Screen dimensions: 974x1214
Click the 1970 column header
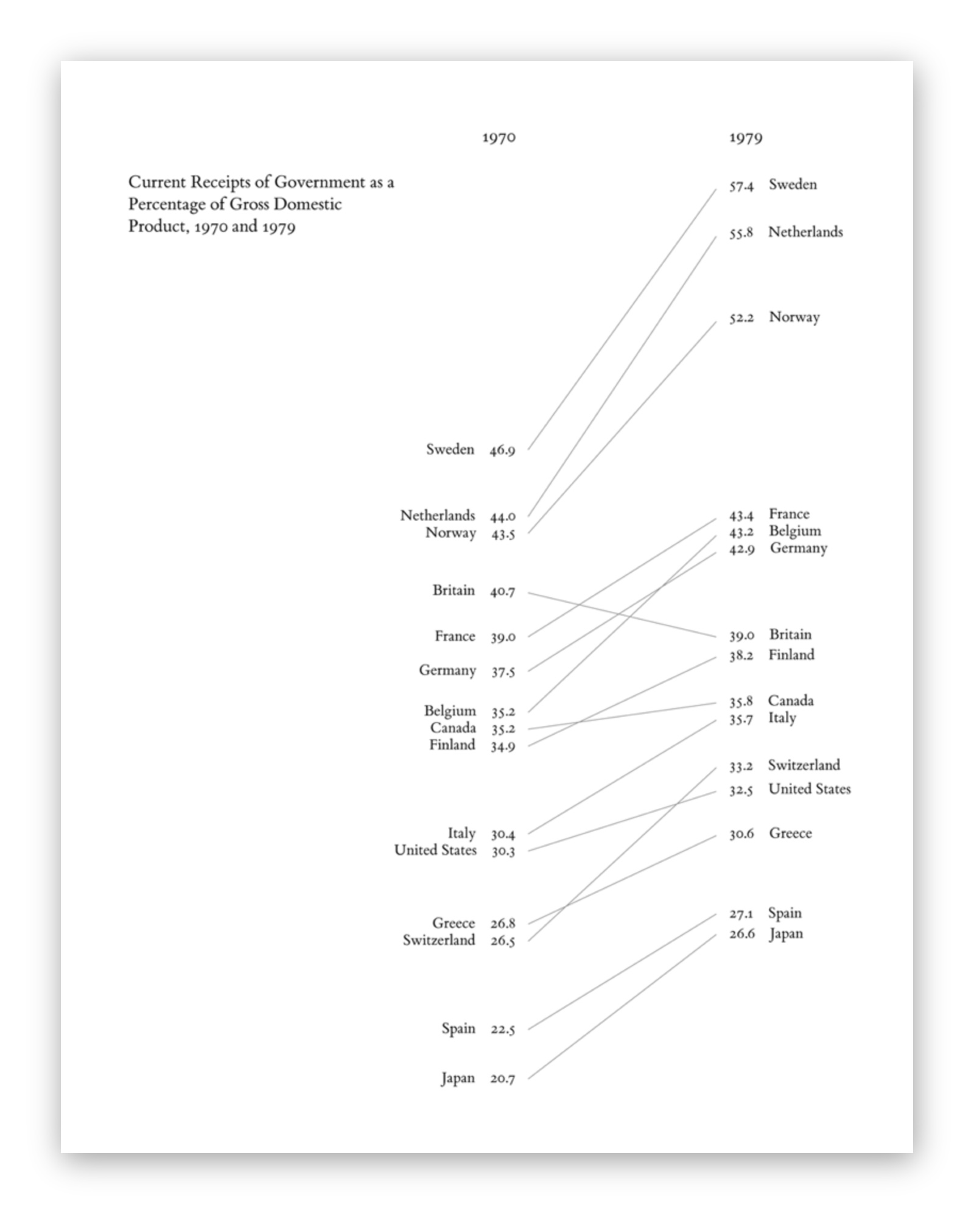[x=499, y=138]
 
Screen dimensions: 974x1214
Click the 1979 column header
[x=746, y=138]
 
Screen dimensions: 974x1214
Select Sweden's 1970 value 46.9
[x=502, y=451]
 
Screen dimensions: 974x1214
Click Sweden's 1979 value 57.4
[x=741, y=186]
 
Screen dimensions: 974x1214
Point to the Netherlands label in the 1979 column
[x=805, y=232]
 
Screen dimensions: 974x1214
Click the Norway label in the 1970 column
[x=450, y=533]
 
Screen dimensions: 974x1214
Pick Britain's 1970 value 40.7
[x=502, y=591]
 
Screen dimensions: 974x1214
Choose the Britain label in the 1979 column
[x=790, y=634]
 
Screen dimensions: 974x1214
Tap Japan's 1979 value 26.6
[x=742, y=934]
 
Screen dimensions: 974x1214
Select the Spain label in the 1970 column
[x=458, y=1028]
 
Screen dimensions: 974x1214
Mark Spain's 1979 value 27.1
[x=741, y=914]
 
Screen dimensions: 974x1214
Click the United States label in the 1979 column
[x=810, y=789]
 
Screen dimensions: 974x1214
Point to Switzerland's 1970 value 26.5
[x=503, y=941]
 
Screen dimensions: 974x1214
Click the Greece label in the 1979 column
[x=790, y=833]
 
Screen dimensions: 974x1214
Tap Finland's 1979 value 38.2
[x=741, y=656]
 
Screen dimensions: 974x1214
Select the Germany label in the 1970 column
[x=447, y=670]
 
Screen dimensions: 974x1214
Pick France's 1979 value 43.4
[x=741, y=516]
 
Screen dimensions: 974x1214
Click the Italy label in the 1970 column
[x=461, y=833]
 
